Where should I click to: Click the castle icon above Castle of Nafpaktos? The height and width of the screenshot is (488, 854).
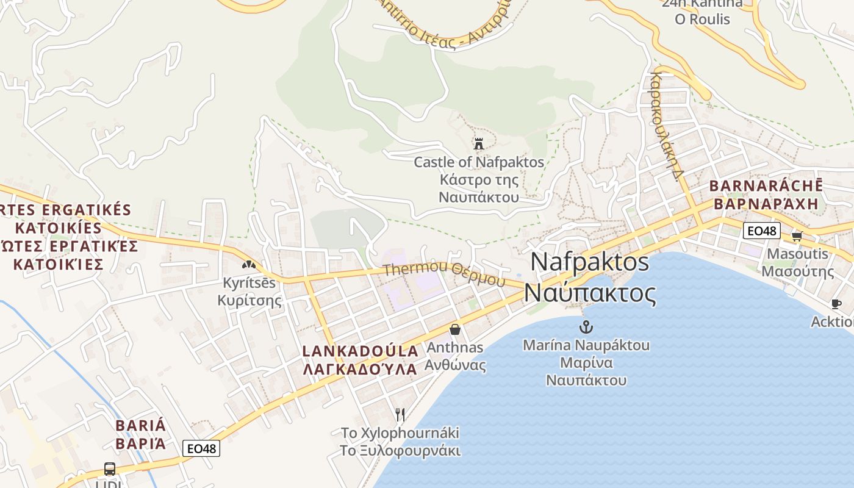479,144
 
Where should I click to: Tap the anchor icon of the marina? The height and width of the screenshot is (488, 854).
586,326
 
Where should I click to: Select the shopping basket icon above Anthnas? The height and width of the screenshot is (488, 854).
455,329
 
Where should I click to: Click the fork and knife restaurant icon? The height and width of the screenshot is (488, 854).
400,415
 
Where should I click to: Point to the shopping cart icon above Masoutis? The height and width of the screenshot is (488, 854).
797,236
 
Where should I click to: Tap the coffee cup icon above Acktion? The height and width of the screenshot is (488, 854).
836,304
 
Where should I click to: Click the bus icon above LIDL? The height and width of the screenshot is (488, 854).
110,469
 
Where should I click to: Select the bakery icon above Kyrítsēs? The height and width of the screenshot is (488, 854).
248,265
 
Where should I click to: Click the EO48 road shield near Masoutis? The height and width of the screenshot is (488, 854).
762,231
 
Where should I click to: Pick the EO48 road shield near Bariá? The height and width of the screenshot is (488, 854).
201,448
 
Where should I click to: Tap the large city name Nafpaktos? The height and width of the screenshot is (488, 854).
590,262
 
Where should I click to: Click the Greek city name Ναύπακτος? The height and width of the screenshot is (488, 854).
590,293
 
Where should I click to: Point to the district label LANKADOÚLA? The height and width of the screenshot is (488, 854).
361,351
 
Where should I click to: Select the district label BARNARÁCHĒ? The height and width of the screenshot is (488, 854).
766,186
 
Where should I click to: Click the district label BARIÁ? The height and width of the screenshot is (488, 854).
141,425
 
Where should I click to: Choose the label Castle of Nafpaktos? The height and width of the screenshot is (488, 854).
479,162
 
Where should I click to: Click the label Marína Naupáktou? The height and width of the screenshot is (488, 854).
586,345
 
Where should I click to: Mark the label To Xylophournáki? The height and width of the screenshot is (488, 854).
400,433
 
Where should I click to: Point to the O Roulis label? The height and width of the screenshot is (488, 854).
702,19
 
